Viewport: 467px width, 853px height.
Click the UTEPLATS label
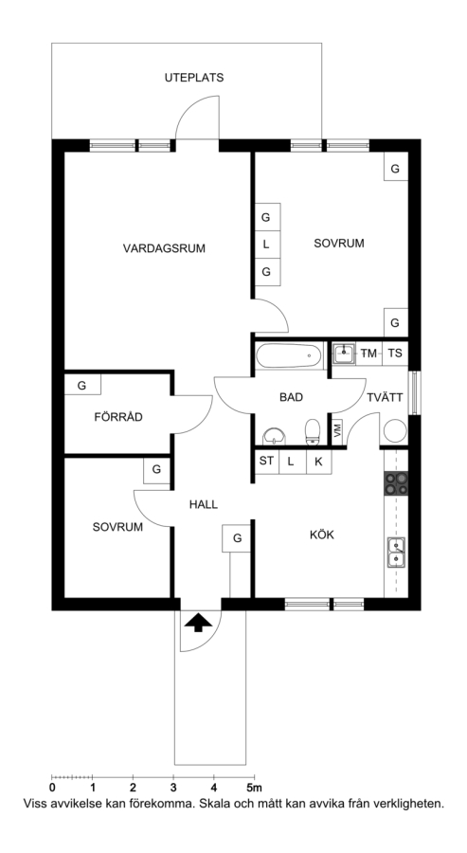[194, 78]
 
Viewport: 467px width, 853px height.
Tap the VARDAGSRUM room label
[164, 248]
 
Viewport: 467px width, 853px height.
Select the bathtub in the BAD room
[288, 355]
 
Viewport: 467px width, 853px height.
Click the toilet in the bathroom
[313, 432]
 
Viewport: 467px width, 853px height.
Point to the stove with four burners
[396, 483]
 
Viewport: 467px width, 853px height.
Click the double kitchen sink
[396, 553]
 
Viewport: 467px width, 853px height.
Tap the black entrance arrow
[198, 623]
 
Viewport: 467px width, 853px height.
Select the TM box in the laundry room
[368, 354]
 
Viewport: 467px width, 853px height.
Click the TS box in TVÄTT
[395, 354]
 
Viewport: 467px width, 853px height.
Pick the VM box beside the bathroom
[337, 431]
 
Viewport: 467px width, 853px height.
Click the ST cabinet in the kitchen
[266, 462]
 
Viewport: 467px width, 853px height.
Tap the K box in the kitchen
[319, 462]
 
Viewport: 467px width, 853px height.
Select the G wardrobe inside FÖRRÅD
[82, 386]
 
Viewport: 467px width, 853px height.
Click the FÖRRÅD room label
[118, 417]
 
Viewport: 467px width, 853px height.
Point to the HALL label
[204, 504]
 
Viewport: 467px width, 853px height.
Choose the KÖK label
[322, 535]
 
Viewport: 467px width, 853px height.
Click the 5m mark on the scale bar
[254, 788]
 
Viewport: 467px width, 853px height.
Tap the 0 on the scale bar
[52, 788]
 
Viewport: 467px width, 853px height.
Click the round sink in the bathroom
[275, 436]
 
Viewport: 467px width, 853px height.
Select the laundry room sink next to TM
[343, 354]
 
